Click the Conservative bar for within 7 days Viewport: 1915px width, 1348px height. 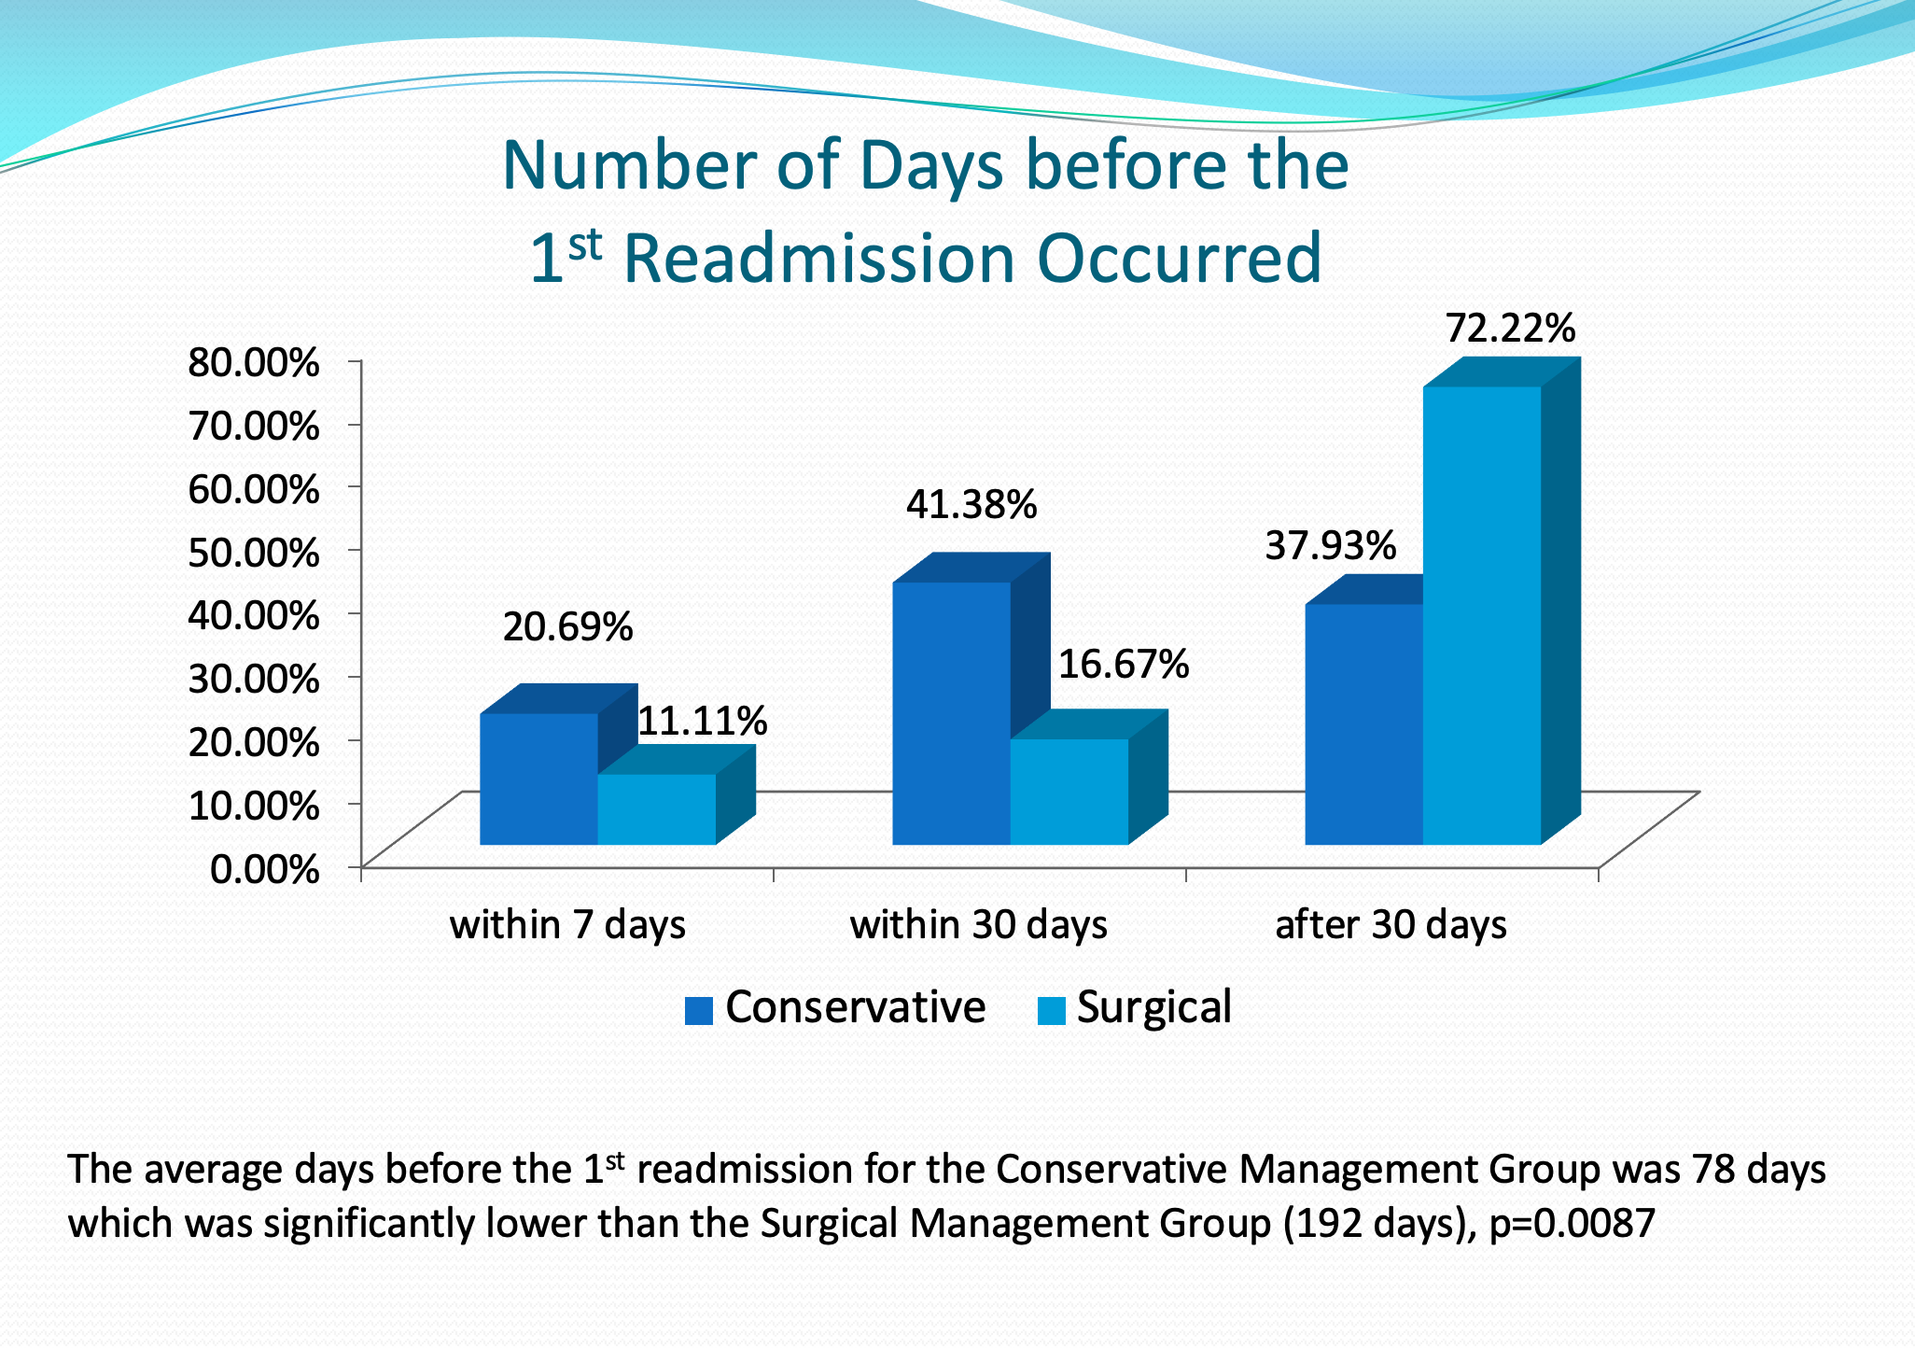[x=538, y=779]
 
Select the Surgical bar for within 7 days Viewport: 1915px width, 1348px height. [x=656, y=809]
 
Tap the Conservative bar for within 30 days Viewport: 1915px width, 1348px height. [x=951, y=713]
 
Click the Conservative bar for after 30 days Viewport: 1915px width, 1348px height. [x=1363, y=724]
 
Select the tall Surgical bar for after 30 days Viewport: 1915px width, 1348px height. [x=1481, y=615]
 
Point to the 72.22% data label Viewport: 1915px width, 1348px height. [x=1510, y=329]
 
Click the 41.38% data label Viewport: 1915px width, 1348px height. [x=971, y=505]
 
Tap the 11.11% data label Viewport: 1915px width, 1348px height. [x=702, y=721]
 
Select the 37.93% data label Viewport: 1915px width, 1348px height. [x=1330, y=545]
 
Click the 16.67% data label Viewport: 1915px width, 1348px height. [x=1123, y=664]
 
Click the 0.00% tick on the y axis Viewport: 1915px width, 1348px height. [x=265, y=868]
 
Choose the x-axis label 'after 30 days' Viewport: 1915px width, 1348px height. [x=1391, y=924]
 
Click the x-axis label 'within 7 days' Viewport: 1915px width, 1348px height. [x=567, y=924]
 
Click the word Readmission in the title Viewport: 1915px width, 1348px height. [x=818, y=259]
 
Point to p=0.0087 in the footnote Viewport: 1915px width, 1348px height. [x=1572, y=1223]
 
